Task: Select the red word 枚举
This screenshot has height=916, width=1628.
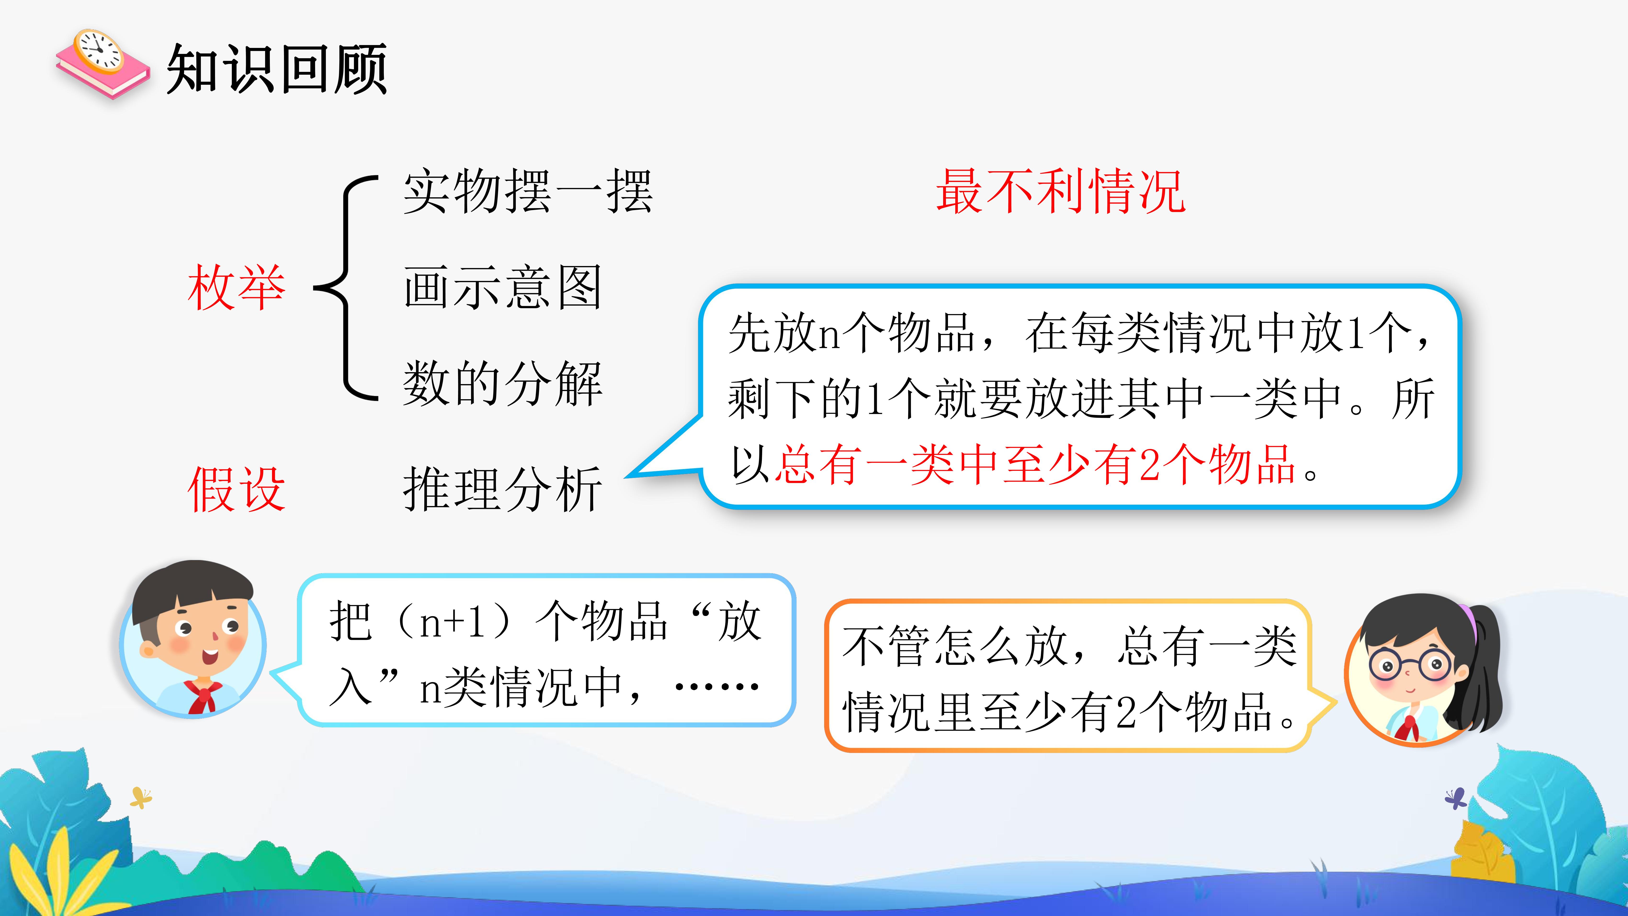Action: point(236,288)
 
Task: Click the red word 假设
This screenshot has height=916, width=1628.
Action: point(236,489)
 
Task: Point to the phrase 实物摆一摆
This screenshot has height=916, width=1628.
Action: point(528,191)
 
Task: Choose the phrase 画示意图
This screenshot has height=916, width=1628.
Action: point(502,288)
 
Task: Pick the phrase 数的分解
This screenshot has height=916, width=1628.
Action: point(502,384)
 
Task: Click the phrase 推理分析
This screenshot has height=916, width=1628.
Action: point(502,489)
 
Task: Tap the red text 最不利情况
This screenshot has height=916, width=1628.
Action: point(1061,191)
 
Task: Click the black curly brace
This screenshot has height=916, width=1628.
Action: point(346,288)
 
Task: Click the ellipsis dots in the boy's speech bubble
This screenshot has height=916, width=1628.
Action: point(717,686)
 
